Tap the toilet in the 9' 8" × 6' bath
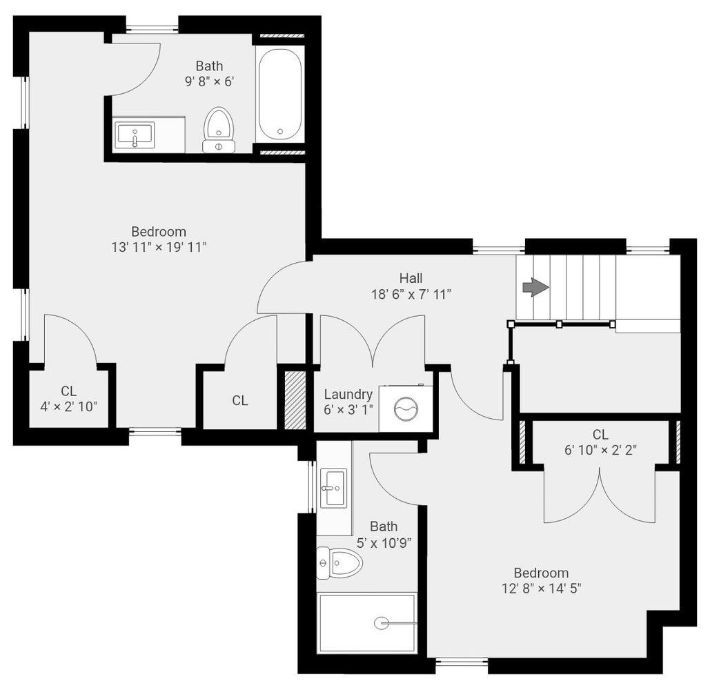[219, 130]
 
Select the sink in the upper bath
[135, 135]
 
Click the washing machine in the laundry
[406, 408]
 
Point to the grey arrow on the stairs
[536, 288]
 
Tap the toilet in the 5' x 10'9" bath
[339, 563]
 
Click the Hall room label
[411, 278]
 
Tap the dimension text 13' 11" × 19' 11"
[159, 248]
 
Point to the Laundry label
[348, 395]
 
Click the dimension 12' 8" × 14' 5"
[541, 589]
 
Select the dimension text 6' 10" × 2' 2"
[600, 450]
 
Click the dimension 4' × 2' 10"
[68, 406]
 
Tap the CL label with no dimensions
[240, 400]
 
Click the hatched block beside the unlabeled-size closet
[295, 400]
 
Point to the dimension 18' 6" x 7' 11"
[411, 295]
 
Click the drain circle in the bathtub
[280, 131]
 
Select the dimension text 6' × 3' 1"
[348, 410]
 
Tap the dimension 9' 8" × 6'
[209, 82]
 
